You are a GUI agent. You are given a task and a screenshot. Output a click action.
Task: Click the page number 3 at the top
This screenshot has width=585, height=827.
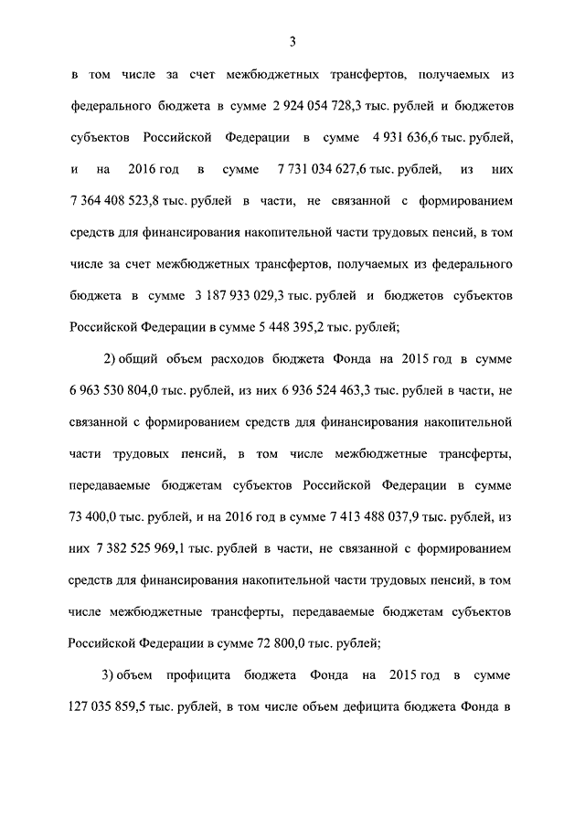tap(292, 39)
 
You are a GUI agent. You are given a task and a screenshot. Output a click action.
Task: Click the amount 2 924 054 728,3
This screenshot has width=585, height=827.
tap(312, 107)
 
